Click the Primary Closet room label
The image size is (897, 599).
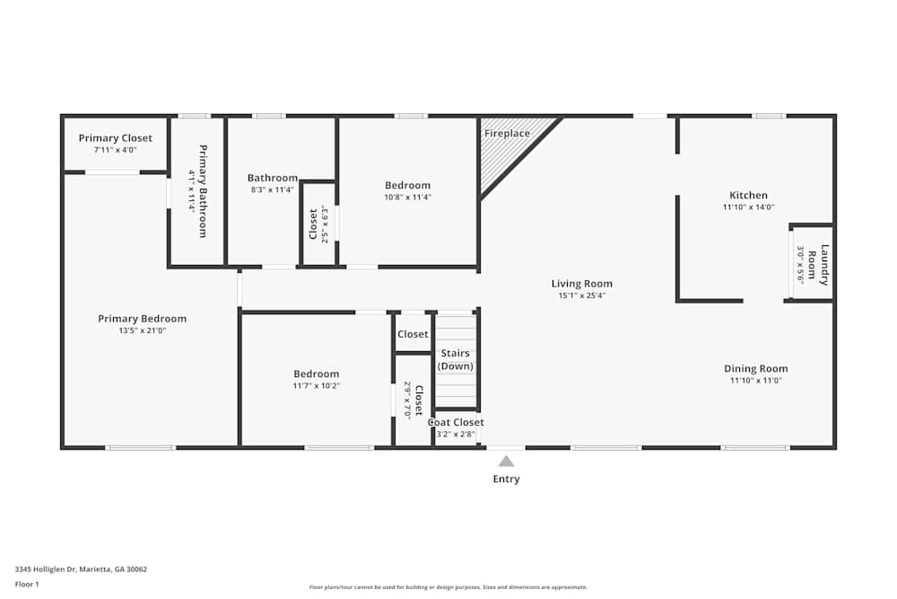coord(115,138)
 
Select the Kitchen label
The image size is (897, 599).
coord(748,195)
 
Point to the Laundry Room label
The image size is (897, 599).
coord(818,264)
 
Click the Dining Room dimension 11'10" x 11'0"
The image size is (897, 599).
coord(755,381)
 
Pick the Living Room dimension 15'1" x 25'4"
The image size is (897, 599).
coord(581,295)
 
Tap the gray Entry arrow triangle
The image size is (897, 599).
coord(506,461)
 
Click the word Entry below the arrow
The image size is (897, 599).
coord(506,480)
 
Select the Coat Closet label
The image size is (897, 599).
coord(456,422)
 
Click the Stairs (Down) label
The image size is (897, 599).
coord(455,359)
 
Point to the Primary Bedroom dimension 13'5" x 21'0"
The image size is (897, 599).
coord(142,330)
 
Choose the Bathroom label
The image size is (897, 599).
coord(273,178)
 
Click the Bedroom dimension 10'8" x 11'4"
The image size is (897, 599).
coord(408,198)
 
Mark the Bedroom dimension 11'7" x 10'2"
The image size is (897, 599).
coord(317,386)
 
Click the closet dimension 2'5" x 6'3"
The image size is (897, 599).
coord(325,225)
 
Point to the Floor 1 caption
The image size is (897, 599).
coord(27,584)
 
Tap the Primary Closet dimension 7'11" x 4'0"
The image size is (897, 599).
coord(115,150)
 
